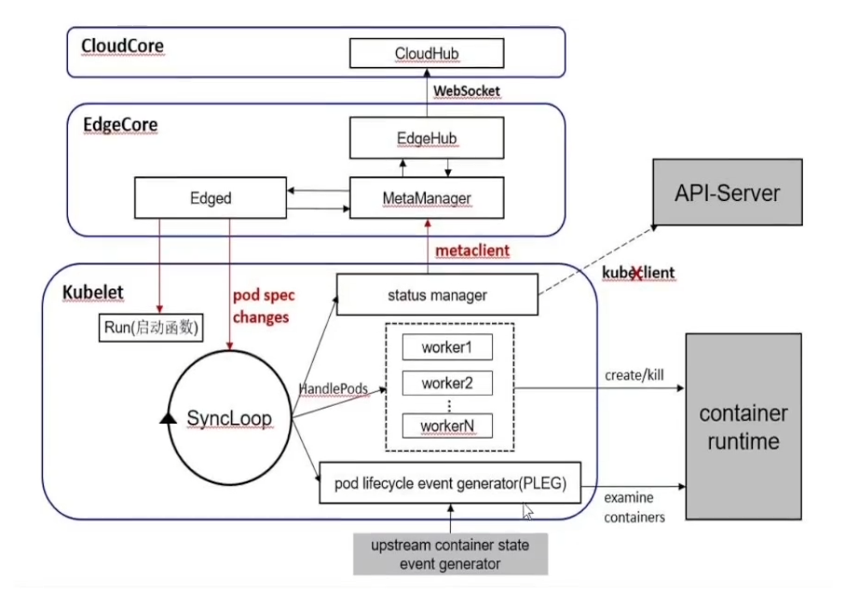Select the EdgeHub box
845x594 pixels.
pos(426,139)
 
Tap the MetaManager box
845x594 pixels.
pos(427,197)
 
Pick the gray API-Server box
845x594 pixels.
pos(726,192)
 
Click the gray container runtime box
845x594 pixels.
pos(743,426)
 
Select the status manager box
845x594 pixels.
pos(437,295)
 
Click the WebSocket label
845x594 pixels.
pos(467,91)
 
